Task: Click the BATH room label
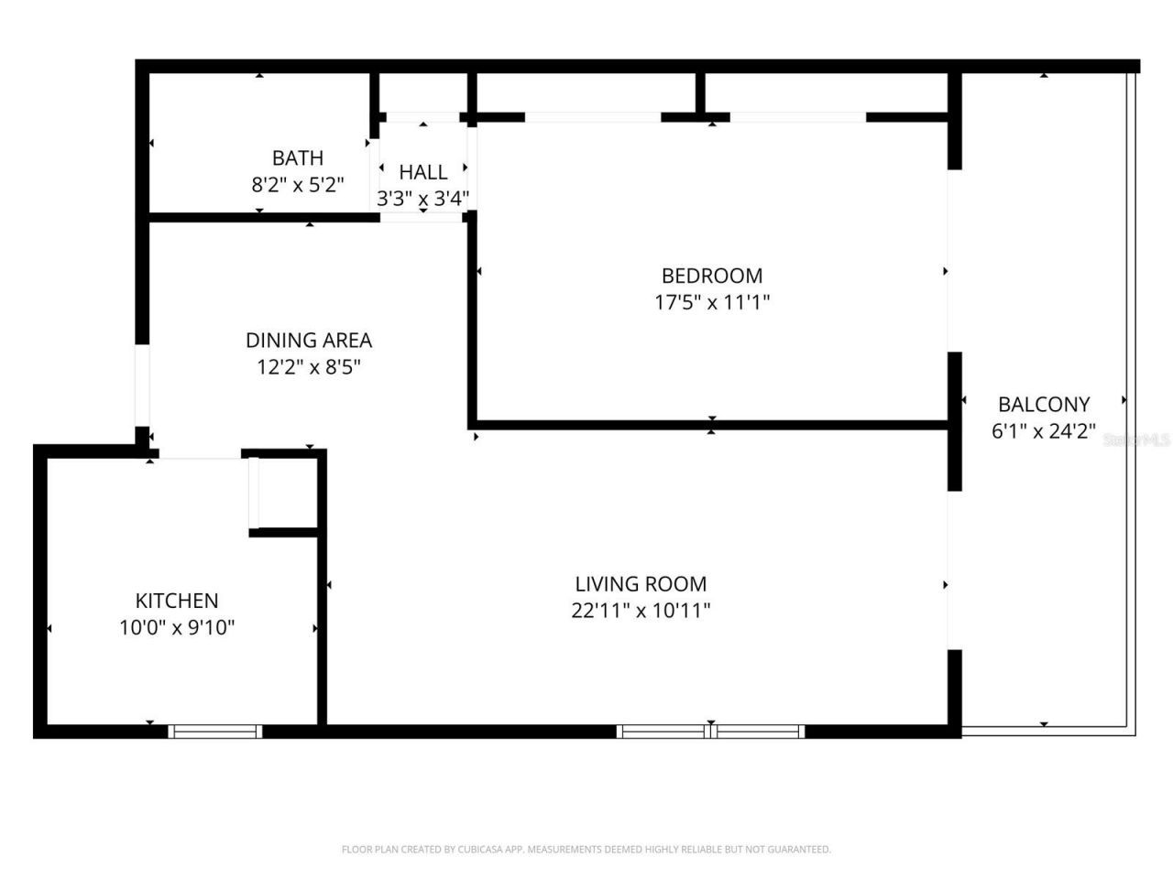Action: click(x=297, y=157)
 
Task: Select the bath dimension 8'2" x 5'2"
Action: click(x=297, y=185)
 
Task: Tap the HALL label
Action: click(x=423, y=172)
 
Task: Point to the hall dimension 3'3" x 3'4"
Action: click(x=423, y=199)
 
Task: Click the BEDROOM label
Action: click(x=712, y=276)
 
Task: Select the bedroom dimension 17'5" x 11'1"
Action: click(x=712, y=302)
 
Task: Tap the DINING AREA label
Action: click(x=309, y=341)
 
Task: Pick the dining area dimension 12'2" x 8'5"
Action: click(x=309, y=367)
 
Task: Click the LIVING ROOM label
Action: click(x=641, y=584)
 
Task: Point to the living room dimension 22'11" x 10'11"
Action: click(x=641, y=611)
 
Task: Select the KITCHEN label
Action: click(x=177, y=601)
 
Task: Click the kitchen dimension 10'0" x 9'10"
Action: click(x=177, y=628)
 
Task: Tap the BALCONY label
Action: click(x=1044, y=404)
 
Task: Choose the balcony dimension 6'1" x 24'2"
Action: click(x=1044, y=431)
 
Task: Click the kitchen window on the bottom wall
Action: click(x=215, y=731)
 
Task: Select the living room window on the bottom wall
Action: click(x=711, y=731)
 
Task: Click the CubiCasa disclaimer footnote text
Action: click(x=586, y=850)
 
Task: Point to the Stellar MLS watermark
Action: click(x=1136, y=440)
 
